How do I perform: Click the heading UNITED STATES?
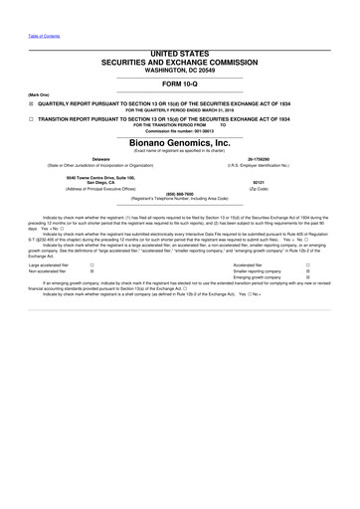coord(180,50)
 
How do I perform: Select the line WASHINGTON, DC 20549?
coord(180,65)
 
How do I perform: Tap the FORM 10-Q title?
coord(180,83)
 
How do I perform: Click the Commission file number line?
coord(180,131)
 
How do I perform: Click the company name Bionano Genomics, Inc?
coord(180,143)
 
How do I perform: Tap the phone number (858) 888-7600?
coord(180,194)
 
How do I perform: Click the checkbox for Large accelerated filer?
coord(92,265)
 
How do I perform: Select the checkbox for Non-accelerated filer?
coord(92,272)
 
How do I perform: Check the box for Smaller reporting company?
coord(308,272)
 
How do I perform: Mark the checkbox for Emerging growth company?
coord(308,278)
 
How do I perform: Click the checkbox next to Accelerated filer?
coord(308,265)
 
